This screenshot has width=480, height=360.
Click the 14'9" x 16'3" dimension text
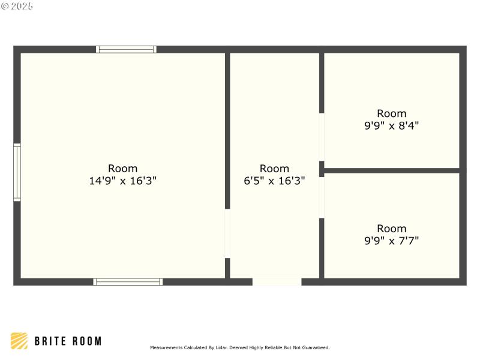tap(123, 181)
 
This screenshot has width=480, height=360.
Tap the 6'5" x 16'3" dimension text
tap(274, 181)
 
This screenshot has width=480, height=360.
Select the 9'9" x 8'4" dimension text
tap(392, 125)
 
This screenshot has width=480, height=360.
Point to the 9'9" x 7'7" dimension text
tap(392, 241)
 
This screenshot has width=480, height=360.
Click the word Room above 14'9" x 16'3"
tap(123, 169)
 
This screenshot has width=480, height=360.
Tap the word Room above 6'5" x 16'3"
tap(274, 169)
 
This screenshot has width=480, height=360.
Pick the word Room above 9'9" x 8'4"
tap(392, 113)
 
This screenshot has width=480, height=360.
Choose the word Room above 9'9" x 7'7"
tap(392, 229)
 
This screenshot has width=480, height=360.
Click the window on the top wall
tap(126, 49)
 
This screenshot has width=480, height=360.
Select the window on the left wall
tap(17, 172)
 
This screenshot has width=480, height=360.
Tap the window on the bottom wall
tap(128, 281)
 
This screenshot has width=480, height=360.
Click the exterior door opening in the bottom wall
tap(277, 281)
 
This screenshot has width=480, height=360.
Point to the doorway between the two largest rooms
tap(227, 233)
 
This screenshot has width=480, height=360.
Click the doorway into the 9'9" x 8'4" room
tap(322, 137)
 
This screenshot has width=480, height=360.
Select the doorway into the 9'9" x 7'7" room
tap(322, 197)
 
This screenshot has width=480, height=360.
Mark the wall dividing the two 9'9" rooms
tap(392, 170)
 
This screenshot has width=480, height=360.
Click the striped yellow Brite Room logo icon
tap(19, 341)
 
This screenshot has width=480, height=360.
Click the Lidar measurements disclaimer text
tap(239, 347)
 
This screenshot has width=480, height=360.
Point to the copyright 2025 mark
tap(17, 6)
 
